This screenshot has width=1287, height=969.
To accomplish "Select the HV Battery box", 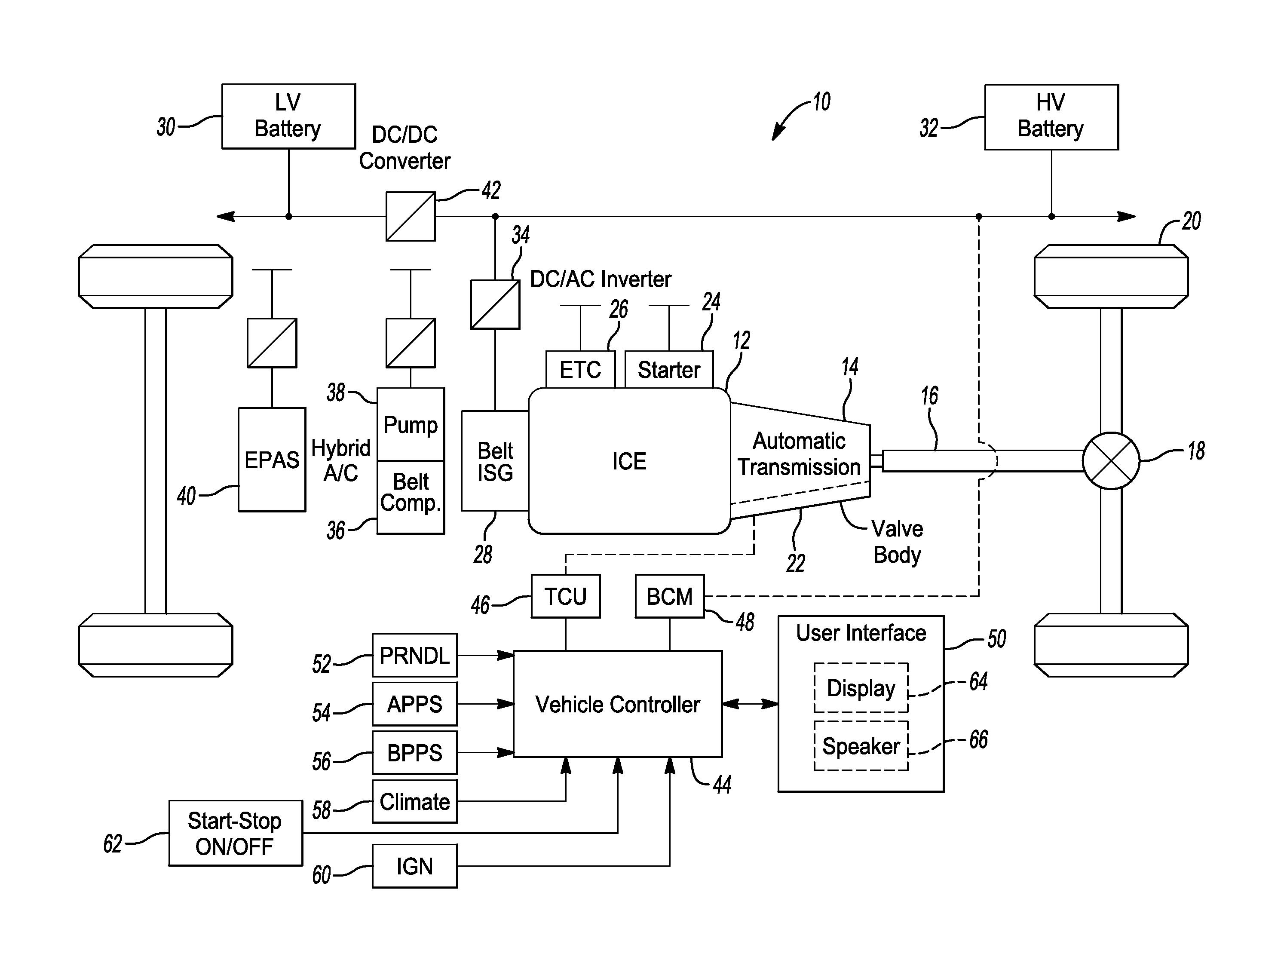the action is pos(1051,117).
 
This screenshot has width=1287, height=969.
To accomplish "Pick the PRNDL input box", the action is pos(415,655).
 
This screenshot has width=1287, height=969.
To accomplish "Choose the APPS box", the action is pos(415,704).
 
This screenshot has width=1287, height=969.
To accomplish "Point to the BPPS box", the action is pos(415,753).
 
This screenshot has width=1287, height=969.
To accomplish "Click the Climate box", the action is pos(415,802).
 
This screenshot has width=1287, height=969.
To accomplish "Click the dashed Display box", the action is pos(861,688).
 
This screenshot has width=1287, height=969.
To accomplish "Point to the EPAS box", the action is pos(272,460).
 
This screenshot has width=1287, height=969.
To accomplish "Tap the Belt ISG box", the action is pos(495,461).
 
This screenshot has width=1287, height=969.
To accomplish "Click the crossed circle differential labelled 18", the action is pos(1111,461).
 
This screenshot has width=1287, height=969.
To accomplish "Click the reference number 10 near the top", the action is pos(821,102).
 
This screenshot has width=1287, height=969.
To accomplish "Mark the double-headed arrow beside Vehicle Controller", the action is pos(751,704).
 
